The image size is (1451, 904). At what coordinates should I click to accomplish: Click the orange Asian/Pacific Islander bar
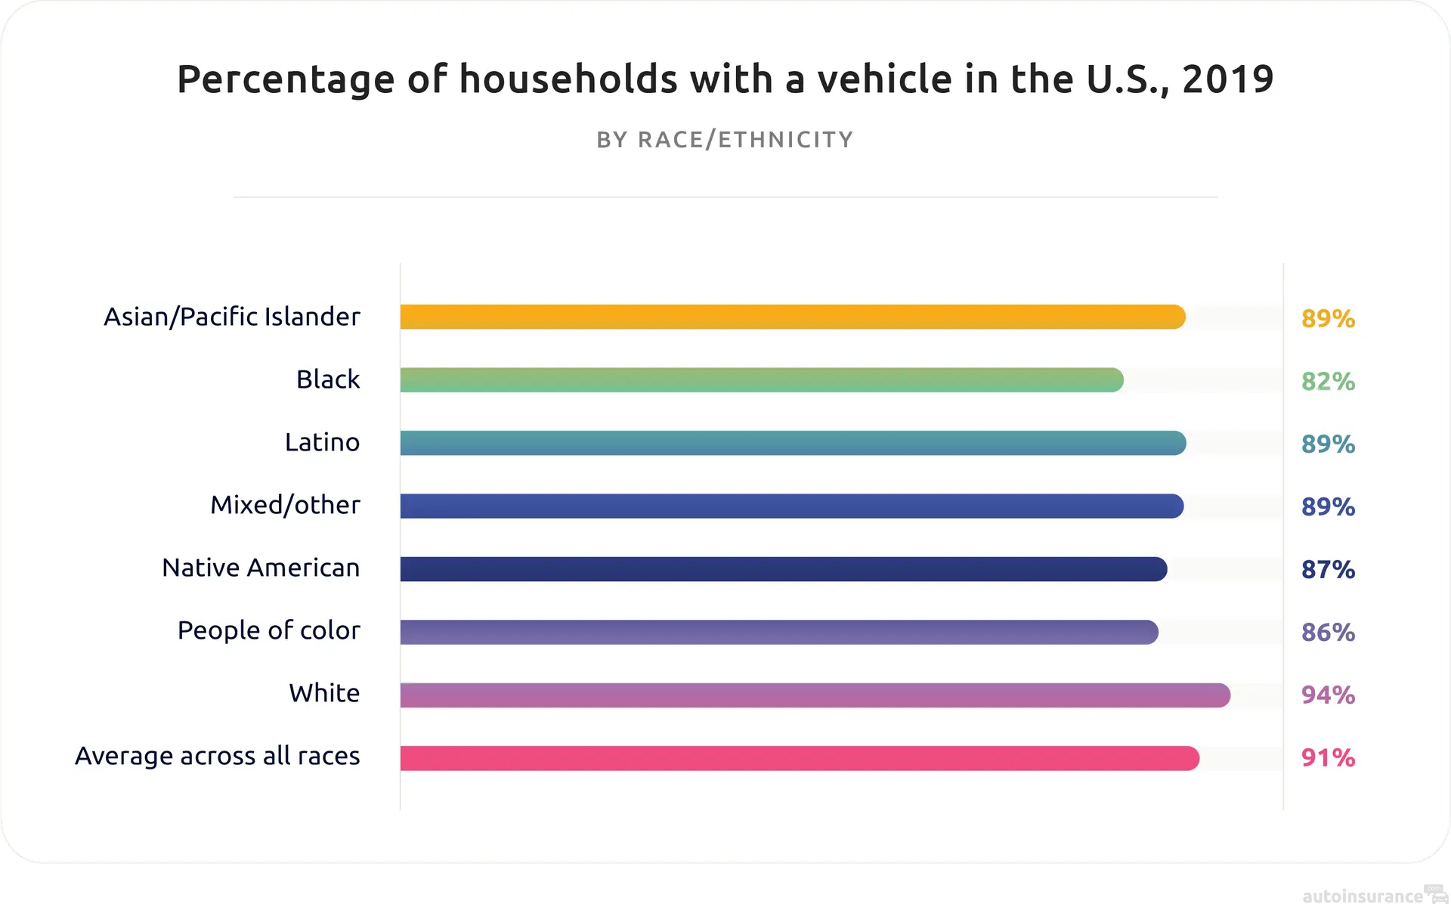[x=792, y=317]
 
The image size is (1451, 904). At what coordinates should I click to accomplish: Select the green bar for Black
[x=761, y=379]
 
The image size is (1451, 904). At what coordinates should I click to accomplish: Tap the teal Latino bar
[x=792, y=443]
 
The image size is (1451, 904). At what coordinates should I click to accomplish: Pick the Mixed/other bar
[x=791, y=506]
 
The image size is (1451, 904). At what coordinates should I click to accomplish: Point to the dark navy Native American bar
[x=783, y=568]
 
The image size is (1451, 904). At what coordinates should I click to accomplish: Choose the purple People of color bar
[x=778, y=632]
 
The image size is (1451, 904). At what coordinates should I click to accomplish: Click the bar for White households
[x=815, y=695]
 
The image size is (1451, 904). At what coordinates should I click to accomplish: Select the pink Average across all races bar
[x=799, y=757]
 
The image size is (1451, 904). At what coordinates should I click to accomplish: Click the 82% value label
[x=1328, y=381]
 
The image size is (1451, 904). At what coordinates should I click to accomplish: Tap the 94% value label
[x=1328, y=695]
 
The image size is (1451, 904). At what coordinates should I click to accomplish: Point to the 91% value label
[x=1328, y=757]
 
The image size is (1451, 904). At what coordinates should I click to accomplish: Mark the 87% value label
[x=1328, y=569]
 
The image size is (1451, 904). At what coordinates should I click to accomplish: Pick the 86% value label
[x=1328, y=632]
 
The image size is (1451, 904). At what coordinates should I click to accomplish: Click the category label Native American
[x=261, y=568]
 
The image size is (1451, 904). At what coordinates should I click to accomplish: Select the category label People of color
[x=268, y=630]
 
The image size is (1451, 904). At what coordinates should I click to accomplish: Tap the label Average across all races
[x=217, y=756]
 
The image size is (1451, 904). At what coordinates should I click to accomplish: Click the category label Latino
[x=322, y=442]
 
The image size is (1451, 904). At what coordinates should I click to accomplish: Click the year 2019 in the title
[x=1227, y=79]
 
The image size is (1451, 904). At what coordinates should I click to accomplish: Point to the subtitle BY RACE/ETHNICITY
[x=725, y=140]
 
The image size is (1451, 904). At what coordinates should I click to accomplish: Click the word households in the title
[x=568, y=79]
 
